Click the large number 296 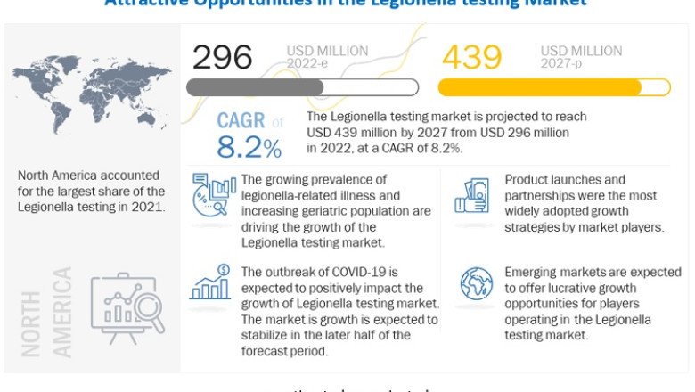[223, 57]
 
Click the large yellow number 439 [472, 57]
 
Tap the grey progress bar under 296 [302, 87]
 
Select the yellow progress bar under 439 [553, 87]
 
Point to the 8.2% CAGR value [250, 147]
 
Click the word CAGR [241, 121]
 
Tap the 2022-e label [306, 63]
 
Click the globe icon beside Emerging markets [475, 283]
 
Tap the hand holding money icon [471, 197]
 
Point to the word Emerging [537, 272]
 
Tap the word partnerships [544, 195]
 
